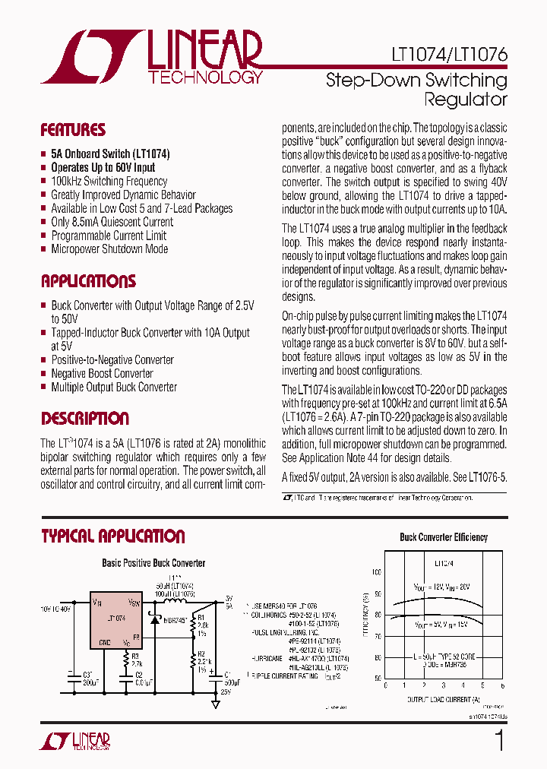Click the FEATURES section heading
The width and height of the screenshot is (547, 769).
73,130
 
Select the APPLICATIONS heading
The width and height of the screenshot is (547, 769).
88,281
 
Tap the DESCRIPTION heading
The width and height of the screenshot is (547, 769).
85,419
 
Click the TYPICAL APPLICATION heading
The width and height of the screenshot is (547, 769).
113,536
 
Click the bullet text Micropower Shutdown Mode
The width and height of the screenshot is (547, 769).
109,249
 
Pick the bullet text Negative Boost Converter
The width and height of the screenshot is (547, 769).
102,373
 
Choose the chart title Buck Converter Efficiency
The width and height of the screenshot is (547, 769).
444,537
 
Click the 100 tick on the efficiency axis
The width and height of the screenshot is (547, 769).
377,571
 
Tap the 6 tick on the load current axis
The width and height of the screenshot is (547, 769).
504,685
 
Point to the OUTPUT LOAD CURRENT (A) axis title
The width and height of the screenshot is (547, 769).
444,698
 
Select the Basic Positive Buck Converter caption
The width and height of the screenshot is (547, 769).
153,563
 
